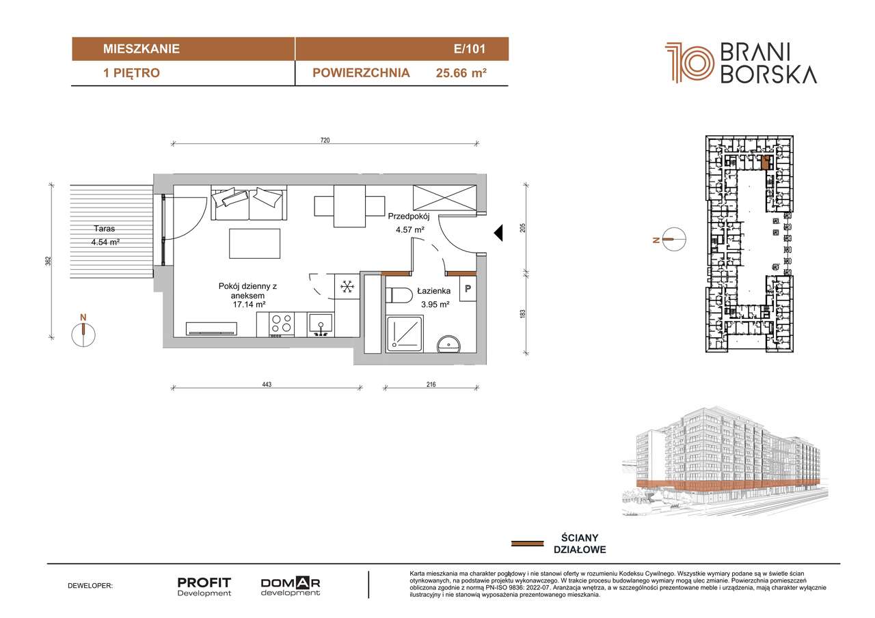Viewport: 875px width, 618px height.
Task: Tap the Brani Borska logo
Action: tap(741, 63)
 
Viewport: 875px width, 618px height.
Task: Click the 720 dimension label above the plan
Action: tap(325, 141)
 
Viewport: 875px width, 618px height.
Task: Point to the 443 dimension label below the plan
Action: tap(267, 385)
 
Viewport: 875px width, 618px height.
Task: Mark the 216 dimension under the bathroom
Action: tap(431, 385)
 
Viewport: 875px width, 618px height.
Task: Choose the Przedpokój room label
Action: tap(407, 216)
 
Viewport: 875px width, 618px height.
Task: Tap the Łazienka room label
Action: tap(430, 291)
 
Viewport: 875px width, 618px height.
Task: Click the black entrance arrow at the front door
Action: tap(498, 234)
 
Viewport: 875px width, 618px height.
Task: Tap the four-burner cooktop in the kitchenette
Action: tap(280, 324)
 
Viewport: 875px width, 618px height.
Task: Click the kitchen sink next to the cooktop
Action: tap(320, 324)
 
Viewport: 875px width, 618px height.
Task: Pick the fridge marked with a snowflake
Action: tap(347, 287)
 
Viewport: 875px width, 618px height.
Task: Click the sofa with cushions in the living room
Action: tap(248, 203)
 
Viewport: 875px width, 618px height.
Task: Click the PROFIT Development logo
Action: tap(204, 587)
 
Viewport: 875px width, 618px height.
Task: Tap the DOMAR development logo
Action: tap(291, 587)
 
